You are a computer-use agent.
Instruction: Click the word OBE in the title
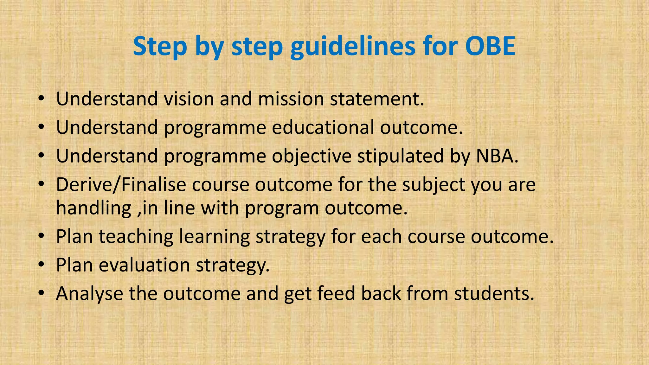click(x=490, y=46)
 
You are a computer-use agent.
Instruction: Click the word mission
click(x=291, y=99)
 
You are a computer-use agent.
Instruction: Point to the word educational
click(x=323, y=127)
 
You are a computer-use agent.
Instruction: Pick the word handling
click(x=94, y=208)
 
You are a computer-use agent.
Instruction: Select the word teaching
click(x=136, y=237)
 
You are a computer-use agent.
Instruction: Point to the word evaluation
click(x=144, y=265)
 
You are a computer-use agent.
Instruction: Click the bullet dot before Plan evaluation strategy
click(x=41, y=265)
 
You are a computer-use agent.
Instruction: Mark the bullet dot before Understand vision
click(x=41, y=99)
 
